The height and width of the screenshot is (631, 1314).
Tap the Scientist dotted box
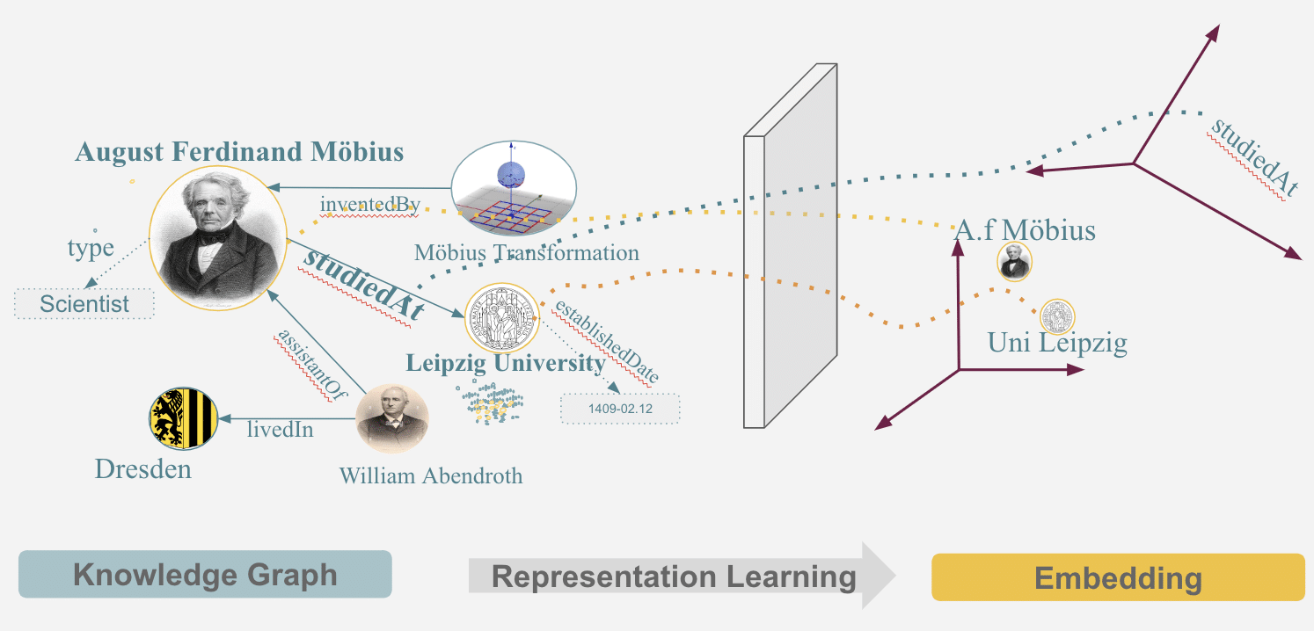coord(84,305)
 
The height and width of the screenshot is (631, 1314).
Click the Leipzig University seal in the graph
coord(500,318)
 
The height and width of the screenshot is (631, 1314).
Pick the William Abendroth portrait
coord(391,419)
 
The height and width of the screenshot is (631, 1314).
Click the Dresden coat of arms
coord(183,419)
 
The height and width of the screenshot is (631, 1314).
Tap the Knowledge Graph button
coord(205,575)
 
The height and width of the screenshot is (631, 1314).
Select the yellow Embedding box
coord(1118,577)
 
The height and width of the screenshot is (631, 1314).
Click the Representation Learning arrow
coord(674,577)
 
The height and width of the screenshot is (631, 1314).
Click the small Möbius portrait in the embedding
coord(1014,262)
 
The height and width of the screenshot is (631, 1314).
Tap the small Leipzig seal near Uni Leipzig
coord(1057,316)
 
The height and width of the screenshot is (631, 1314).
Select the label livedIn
coord(280,431)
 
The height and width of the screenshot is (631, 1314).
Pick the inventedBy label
coord(369,206)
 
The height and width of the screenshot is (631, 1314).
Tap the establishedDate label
coord(606,342)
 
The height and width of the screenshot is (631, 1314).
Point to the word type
coord(91,248)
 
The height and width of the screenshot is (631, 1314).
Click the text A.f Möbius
coord(1025,231)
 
